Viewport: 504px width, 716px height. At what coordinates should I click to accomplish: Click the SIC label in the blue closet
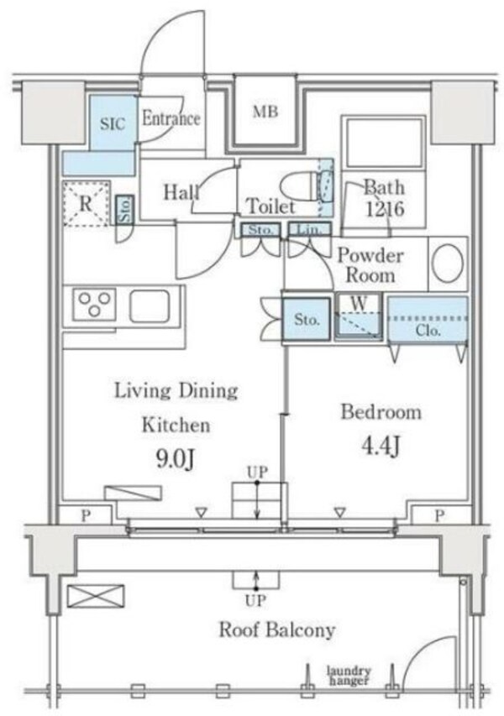(113, 123)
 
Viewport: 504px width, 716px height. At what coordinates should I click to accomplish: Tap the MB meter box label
(265, 112)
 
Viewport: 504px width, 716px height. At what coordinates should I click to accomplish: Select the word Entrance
(171, 118)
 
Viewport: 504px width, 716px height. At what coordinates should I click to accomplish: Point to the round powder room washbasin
(449, 264)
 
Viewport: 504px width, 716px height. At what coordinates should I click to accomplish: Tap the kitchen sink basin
(150, 305)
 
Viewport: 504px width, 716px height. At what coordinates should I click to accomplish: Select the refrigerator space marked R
(87, 203)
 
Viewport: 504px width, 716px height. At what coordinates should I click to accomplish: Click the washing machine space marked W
(358, 316)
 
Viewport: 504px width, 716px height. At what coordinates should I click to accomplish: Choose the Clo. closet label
(428, 330)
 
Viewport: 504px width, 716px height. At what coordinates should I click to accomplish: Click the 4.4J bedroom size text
(381, 446)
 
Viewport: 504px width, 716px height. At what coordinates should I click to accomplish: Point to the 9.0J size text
(176, 459)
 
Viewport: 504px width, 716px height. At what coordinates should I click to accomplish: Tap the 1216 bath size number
(385, 210)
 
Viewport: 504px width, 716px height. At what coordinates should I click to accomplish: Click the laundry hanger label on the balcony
(349, 676)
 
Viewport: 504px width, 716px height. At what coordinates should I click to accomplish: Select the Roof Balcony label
(277, 630)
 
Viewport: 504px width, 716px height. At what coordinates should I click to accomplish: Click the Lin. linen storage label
(309, 229)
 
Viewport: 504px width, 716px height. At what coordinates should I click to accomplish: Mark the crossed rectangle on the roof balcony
(96, 596)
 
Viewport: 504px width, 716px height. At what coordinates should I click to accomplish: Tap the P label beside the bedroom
(438, 516)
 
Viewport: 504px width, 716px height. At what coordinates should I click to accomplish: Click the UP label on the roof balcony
(255, 601)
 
